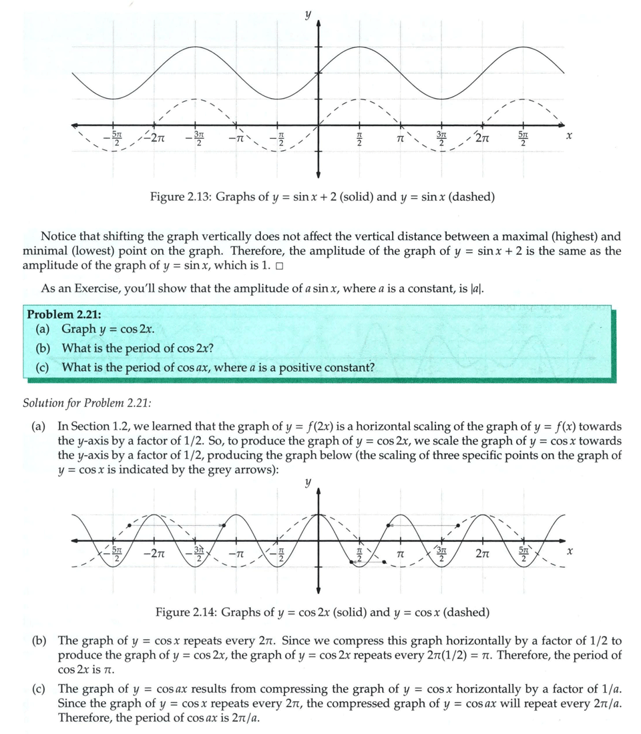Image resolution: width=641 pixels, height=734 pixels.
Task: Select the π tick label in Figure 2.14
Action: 401,554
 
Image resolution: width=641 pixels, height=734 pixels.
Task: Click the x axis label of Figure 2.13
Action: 568,135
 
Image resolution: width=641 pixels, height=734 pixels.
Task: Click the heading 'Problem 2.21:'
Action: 64,314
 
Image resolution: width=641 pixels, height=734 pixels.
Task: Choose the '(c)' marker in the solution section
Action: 41,688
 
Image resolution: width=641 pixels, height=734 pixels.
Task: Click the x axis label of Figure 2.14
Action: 569,553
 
